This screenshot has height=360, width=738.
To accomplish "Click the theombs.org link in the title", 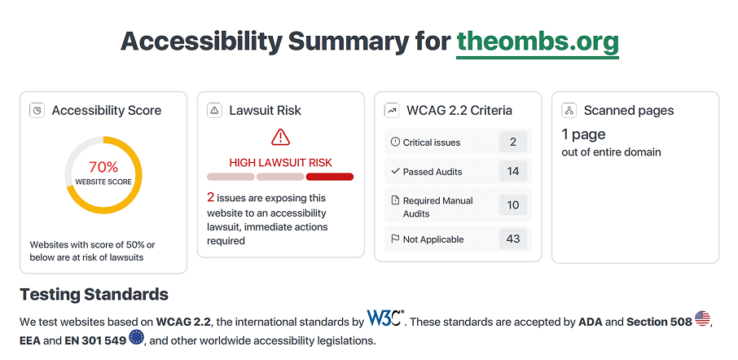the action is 538,42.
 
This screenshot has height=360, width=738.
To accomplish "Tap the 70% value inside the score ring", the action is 103,167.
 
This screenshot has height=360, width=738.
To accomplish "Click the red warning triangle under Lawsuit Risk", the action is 280,137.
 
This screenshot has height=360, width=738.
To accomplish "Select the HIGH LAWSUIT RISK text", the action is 280,163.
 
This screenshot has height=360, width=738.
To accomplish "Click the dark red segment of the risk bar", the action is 329,177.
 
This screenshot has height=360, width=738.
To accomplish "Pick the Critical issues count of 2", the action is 513,142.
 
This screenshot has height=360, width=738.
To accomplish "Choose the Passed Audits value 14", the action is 513,171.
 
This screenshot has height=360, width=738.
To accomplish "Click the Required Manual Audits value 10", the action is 513,205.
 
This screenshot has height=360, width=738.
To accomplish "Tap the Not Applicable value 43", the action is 513,239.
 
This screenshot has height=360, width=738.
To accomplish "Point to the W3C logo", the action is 386,318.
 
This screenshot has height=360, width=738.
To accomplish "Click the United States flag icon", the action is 702,318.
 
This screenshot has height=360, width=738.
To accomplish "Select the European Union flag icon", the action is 137,337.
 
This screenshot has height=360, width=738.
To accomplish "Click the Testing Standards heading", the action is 94,295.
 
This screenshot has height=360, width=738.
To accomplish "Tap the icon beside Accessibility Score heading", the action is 37,111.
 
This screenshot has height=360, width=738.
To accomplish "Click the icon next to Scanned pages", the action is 569,111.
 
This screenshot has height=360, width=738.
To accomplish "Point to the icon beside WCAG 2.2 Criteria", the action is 392,111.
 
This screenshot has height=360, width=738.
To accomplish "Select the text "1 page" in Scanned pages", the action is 583,135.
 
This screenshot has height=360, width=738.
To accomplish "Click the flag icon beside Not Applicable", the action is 395,239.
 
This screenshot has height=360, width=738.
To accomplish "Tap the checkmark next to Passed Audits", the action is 395,171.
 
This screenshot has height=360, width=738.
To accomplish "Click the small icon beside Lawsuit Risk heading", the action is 214,111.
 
